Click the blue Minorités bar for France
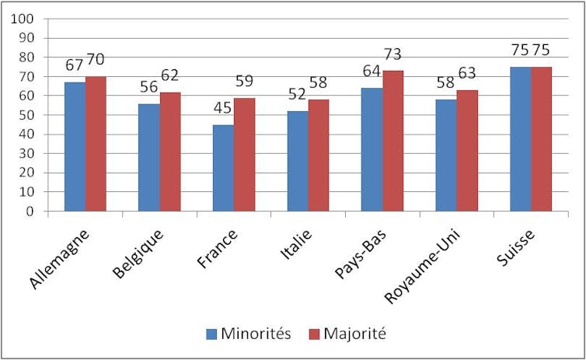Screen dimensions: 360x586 pos(223,167)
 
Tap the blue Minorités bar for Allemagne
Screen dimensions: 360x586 pos(75,146)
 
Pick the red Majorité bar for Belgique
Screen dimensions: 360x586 pos(169,151)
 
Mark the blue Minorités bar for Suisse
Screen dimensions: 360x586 pos(520,138)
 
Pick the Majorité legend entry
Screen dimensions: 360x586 pos(349,334)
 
